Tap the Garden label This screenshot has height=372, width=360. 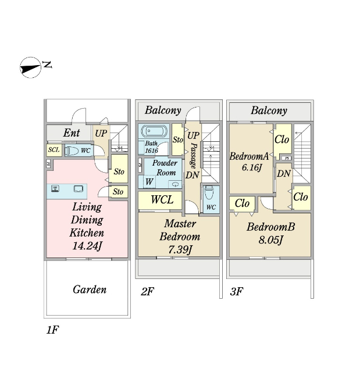pyautogui.click(x=90, y=289)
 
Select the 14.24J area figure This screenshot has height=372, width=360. pyautogui.click(x=87, y=245)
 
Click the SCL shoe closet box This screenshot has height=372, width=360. pyautogui.click(x=54, y=151)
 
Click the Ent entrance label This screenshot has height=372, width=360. pyautogui.click(x=72, y=134)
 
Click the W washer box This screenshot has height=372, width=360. pyautogui.click(x=150, y=182)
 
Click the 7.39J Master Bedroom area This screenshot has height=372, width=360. pyautogui.click(x=179, y=250)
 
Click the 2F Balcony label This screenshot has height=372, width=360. pyautogui.click(x=163, y=110)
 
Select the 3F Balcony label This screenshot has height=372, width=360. pyautogui.click(x=269, y=110)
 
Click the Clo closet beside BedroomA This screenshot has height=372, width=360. pyautogui.click(x=282, y=139)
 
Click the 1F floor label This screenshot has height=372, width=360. pyautogui.click(x=52, y=330)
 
